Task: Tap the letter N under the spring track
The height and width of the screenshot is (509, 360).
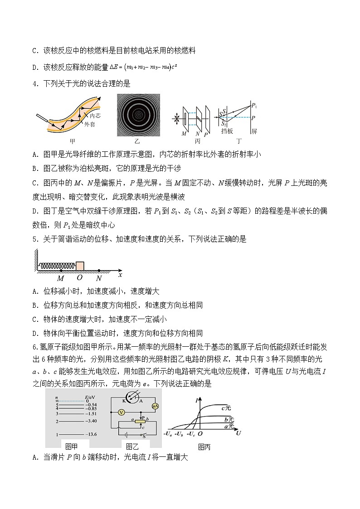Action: pos(98,279)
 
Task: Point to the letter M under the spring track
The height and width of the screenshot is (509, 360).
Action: pos(60,279)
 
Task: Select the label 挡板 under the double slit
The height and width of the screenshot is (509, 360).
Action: pos(227,131)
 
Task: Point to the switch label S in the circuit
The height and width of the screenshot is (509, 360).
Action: pos(144,436)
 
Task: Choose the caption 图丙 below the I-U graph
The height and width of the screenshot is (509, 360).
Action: pos(204,447)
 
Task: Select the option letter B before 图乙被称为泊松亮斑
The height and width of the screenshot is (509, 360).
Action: pos(35,168)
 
